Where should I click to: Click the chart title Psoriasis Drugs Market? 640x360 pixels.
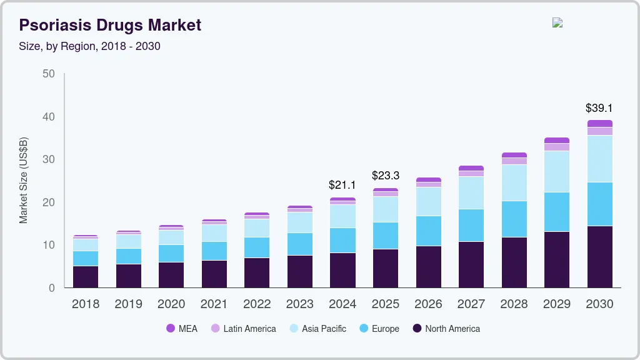[x=110, y=25]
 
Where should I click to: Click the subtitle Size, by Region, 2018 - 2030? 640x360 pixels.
[x=89, y=46]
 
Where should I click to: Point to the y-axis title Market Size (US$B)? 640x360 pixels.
[x=24, y=181]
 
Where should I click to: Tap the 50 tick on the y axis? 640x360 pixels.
[x=48, y=74]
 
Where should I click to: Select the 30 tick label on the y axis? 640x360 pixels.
[x=48, y=159]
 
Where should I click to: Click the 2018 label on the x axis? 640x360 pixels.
[x=86, y=304]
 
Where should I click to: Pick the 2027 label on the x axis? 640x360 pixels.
[x=471, y=304]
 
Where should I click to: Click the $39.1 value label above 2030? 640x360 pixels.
[x=599, y=108]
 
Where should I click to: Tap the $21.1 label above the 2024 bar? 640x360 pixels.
[x=342, y=185]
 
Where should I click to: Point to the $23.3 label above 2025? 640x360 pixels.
[x=385, y=176]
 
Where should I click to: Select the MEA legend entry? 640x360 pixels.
[x=182, y=329]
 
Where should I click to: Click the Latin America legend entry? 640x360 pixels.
[x=243, y=329]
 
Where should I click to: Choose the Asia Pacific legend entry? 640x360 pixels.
[x=317, y=329]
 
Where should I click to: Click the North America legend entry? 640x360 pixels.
[x=446, y=329]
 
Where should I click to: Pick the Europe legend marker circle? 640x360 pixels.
[x=364, y=329]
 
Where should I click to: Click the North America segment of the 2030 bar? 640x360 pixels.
[x=599, y=256]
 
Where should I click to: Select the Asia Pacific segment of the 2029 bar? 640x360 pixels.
[x=556, y=171]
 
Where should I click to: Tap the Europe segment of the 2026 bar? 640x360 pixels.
[x=428, y=231]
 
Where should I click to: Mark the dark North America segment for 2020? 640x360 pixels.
[x=171, y=274]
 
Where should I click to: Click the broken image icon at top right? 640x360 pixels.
[x=557, y=22]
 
